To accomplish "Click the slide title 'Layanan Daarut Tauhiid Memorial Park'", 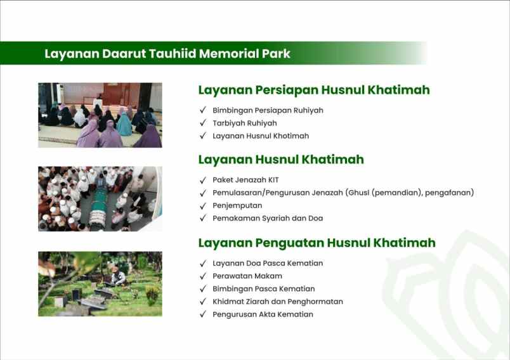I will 167,54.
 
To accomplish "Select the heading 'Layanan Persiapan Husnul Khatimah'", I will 314,90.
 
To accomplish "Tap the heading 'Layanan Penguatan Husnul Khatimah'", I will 317,243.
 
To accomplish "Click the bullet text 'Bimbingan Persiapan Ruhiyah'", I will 268,110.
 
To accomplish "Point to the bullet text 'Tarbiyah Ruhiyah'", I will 244,123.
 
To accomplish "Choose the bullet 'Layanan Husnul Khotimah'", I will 260,136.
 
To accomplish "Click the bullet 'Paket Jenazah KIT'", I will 245,180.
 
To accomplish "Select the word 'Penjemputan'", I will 237,205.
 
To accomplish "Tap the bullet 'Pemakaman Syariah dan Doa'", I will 268,218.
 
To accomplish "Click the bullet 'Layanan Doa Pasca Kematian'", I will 268,263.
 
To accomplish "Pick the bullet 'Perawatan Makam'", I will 247,276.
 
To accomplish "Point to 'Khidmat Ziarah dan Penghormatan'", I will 277,302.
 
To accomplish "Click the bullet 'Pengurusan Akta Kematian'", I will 263,314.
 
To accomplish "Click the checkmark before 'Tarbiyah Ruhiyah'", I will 203,123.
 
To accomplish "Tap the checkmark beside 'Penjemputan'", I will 203,205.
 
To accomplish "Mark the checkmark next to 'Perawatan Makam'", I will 203,276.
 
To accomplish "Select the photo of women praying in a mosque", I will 100,115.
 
